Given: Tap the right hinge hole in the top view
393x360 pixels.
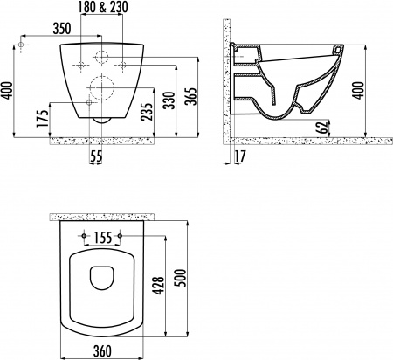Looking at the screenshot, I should coord(117,236).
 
